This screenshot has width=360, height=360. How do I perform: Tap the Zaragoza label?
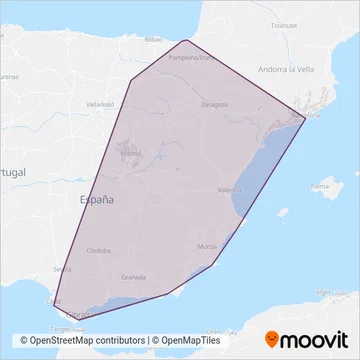(212, 104)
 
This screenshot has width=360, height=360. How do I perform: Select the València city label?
(229, 188)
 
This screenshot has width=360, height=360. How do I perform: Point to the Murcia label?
(207, 245)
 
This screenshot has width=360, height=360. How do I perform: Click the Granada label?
(133, 277)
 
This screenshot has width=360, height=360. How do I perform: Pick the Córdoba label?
(98, 250)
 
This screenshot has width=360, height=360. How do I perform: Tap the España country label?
(96, 200)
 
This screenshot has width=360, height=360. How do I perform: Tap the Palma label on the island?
(320, 186)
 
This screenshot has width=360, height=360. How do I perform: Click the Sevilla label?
(61, 269)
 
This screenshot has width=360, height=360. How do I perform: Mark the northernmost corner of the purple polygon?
(188, 40)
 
